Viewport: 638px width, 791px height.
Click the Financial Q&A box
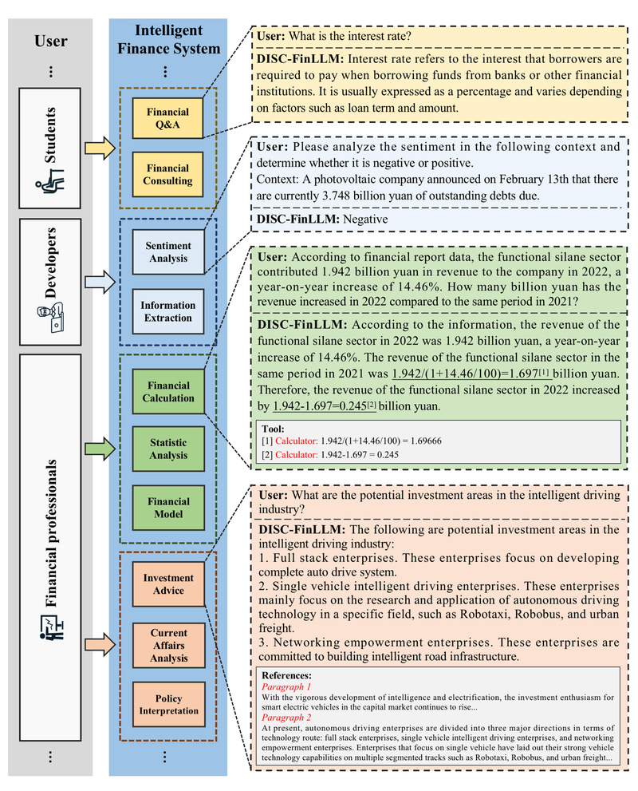[167, 117]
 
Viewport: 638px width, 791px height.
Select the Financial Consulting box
[167, 174]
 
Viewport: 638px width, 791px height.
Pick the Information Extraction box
[167, 311]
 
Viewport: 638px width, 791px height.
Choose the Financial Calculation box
[167, 392]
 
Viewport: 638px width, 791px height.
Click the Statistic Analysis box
[167, 449]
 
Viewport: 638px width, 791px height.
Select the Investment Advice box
[167, 584]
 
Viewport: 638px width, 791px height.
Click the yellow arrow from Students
[98, 148]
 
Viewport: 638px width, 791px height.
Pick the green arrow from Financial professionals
[98, 449]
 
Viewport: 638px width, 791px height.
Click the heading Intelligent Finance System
[167, 40]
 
